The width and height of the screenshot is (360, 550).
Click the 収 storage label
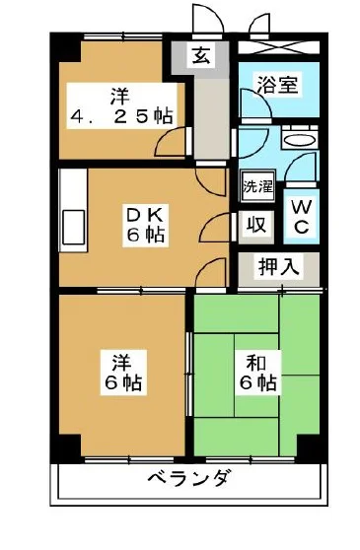[x=254, y=224]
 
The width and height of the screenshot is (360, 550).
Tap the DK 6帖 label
[x=144, y=225]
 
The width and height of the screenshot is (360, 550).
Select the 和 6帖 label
[x=254, y=373]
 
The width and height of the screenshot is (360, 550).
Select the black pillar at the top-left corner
[x=61, y=45]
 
